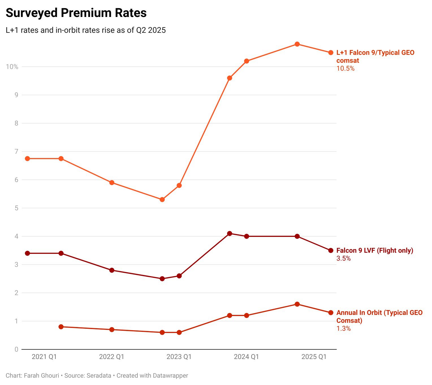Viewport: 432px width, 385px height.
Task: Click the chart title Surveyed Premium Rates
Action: (76, 13)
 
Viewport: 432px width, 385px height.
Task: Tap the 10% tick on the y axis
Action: (12, 67)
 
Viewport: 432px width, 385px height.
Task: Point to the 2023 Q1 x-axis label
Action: (179, 357)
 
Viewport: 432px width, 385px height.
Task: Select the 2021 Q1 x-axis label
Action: (44, 357)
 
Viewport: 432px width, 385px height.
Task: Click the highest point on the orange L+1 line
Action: (297, 44)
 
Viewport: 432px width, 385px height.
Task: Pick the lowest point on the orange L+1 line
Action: (162, 200)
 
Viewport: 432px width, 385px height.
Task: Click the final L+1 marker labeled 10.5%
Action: (331, 53)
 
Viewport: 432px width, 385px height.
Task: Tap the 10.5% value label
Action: (345, 68)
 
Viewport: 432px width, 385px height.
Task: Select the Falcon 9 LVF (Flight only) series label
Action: (375, 250)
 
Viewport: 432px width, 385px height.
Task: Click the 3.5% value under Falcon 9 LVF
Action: (343, 258)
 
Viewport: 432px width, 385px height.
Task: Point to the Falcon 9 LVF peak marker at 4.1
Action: (230, 233)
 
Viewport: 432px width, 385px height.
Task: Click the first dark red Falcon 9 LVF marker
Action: (27, 253)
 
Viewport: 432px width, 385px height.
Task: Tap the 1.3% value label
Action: (343, 328)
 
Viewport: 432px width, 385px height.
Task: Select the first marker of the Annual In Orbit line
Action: (61, 327)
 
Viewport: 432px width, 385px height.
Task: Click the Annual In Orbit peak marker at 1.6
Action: (297, 304)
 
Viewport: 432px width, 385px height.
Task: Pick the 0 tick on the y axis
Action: (16, 349)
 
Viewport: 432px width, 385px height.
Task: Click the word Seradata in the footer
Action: (99, 376)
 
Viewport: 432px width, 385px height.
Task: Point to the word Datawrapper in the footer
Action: (170, 376)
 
